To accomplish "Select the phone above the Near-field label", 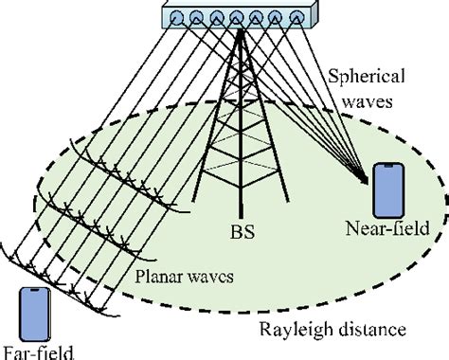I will [388, 190].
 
